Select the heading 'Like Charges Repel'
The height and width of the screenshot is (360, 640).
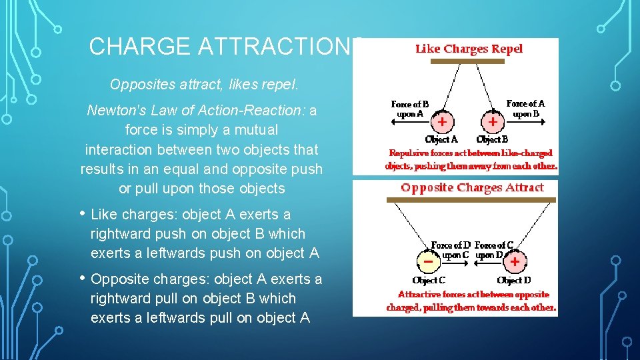tap(469, 49)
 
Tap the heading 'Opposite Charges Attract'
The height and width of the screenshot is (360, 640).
tap(472, 188)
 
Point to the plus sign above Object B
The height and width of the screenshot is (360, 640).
tap(492, 123)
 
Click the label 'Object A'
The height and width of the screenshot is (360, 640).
tap(441, 140)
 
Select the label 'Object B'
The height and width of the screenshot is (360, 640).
tap(492, 140)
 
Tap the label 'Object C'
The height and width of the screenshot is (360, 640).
tap(429, 281)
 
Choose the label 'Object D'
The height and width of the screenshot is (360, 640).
tap(514, 281)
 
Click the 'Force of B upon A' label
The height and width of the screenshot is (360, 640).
tap(410, 109)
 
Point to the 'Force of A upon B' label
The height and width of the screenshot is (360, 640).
tap(525, 108)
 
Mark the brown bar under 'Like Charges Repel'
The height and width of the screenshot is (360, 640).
tap(467, 61)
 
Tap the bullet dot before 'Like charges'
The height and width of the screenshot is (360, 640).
tap(82, 214)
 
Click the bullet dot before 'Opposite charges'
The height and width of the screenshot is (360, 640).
tap(82, 279)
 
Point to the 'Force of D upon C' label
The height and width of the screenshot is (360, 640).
tap(450, 250)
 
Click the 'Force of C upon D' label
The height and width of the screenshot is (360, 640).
tap(494, 250)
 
